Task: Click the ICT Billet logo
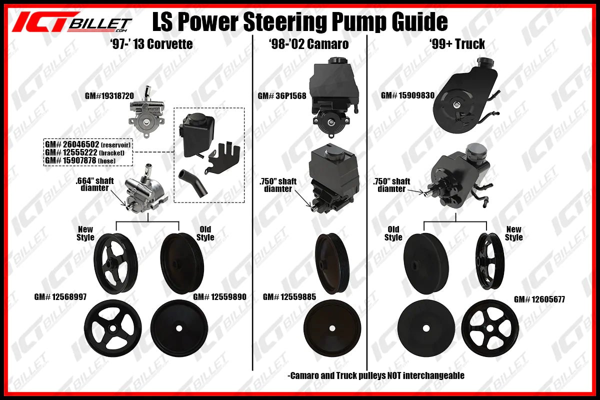pos(72,22)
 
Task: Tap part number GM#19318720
pos(109,96)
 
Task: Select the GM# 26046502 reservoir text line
pos(88,144)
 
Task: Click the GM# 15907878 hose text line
pos(80,160)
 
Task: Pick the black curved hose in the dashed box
pos(193,182)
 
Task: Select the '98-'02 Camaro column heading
pos(309,44)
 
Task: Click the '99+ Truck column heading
pos(457,44)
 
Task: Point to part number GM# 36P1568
pos(282,96)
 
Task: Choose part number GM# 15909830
pos(407,95)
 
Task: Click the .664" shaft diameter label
pos(95,184)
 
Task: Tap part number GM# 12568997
pos(60,297)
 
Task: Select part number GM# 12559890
pos(219,297)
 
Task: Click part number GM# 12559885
pos(289,297)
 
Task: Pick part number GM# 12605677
pos(539,299)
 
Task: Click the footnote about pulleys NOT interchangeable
pos(376,375)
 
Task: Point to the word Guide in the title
pos(419,22)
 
